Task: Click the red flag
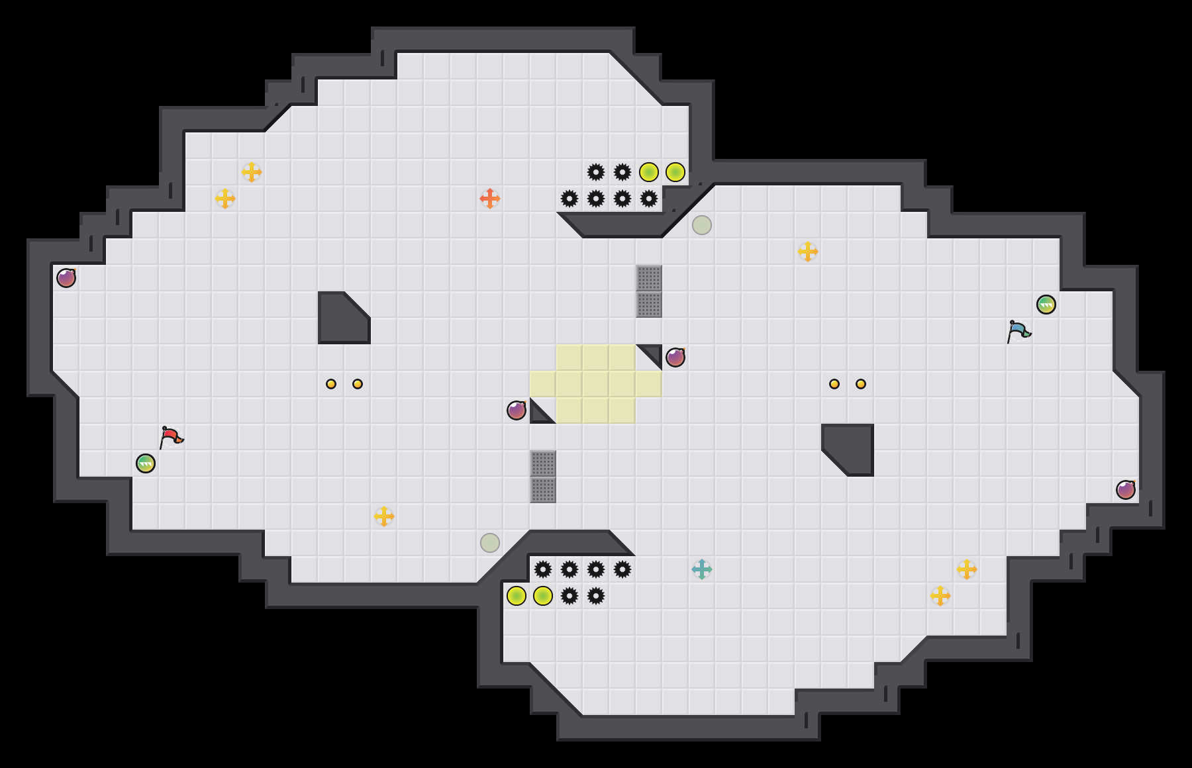pyautogui.click(x=170, y=437)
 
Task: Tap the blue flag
pyautogui.click(x=1018, y=331)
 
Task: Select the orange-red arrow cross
pyautogui.click(x=490, y=199)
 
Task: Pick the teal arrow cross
pyautogui.click(x=702, y=569)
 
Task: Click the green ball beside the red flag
pyautogui.click(x=146, y=463)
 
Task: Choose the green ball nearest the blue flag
pyautogui.click(x=1046, y=305)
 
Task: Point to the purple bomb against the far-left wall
pyautogui.click(x=66, y=278)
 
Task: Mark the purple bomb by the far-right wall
pyautogui.click(x=1126, y=490)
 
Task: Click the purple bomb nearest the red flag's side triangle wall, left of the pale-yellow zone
pyautogui.click(x=517, y=410)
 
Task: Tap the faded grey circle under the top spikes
pyautogui.click(x=702, y=225)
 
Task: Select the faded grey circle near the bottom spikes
pyautogui.click(x=490, y=543)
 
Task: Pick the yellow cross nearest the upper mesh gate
pyautogui.click(x=808, y=252)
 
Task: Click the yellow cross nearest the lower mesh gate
pyautogui.click(x=384, y=516)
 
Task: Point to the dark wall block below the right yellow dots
pyautogui.click(x=851, y=447)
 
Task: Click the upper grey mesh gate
pyautogui.click(x=649, y=291)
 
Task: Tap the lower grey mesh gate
pyautogui.click(x=543, y=477)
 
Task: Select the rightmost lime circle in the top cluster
pyautogui.click(x=675, y=172)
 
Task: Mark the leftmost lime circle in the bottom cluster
pyautogui.click(x=517, y=596)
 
